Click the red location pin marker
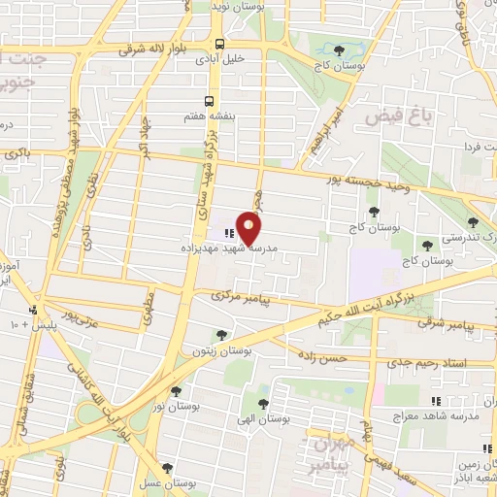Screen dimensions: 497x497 (249, 228)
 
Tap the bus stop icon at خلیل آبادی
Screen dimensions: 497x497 (220, 44)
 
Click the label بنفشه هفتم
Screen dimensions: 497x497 (182, 116)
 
